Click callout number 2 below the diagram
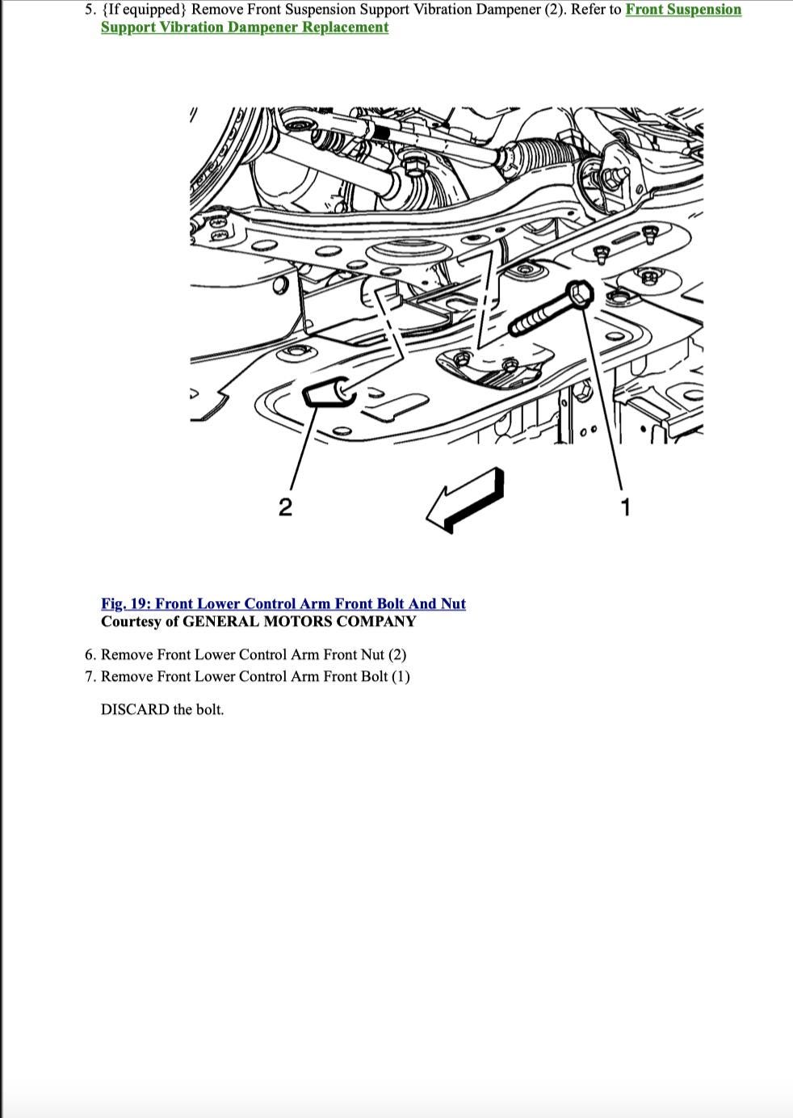285,507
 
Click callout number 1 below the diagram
625,507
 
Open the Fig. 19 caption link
283,603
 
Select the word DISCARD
135,709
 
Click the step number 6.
90,654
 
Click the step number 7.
90,676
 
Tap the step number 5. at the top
90,10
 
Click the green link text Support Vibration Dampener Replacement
245,27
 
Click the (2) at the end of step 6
397,654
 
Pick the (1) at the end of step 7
401,676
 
